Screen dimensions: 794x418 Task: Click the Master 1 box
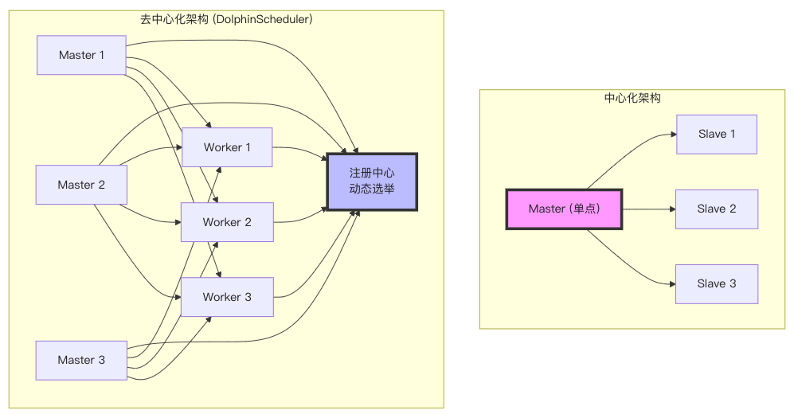click(x=81, y=55)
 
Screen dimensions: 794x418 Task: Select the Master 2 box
click(x=81, y=185)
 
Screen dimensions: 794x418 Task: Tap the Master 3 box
click(x=81, y=361)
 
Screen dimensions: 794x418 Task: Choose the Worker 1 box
click(x=227, y=147)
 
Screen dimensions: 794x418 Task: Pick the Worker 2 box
click(x=227, y=222)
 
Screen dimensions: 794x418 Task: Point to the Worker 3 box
click(x=227, y=297)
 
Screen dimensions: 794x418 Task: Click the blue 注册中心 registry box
click(x=372, y=182)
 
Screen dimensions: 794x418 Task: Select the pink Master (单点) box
click(x=564, y=209)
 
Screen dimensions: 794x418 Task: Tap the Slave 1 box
click(x=717, y=134)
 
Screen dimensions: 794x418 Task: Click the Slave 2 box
click(x=717, y=209)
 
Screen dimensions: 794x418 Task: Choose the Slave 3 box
click(x=717, y=284)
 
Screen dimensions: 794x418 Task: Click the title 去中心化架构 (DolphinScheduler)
click(x=226, y=19)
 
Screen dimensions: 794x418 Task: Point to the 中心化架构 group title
click(x=632, y=98)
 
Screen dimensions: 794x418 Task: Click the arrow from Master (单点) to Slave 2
click(x=649, y=209)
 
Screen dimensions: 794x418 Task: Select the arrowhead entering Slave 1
click(x=674, y=134)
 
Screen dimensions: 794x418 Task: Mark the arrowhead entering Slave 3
click(x=673, y=284)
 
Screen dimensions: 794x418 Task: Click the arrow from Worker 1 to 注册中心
click(x=301, y=150)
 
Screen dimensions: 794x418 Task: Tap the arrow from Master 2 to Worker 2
click(x=150, y=217)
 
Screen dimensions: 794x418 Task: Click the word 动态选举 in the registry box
click(x=372, y=189)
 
